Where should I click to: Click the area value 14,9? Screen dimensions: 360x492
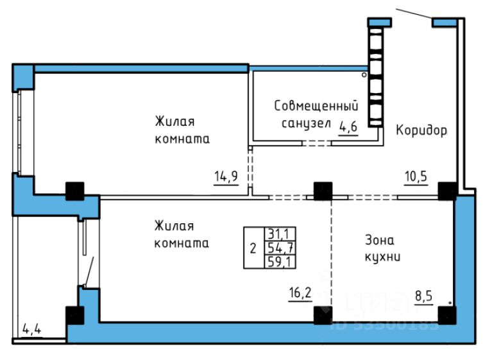(x=226, y=176)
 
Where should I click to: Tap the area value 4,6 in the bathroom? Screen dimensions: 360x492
(x=348, y=126)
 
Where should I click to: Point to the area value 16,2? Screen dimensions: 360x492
(x=299, y=295)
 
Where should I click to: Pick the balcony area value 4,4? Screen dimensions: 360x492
(x=31, y=332)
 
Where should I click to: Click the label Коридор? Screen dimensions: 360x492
(x=421, y=130)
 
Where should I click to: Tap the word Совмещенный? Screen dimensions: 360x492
(x=316, y=105)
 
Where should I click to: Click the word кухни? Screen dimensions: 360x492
(x=383, y=257)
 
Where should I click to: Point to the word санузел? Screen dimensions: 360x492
(x=305, y=123)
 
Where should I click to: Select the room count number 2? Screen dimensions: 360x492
(x=252, y=248)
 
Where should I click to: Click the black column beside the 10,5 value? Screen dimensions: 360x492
(x=448, y=191)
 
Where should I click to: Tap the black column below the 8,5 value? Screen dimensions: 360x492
(x=447, y=315)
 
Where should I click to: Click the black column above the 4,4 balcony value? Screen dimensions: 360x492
(x=74, y=315)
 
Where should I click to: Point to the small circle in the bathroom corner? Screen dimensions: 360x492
(x=364, y=75)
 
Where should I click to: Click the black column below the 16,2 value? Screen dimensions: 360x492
(x=323, y=315)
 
